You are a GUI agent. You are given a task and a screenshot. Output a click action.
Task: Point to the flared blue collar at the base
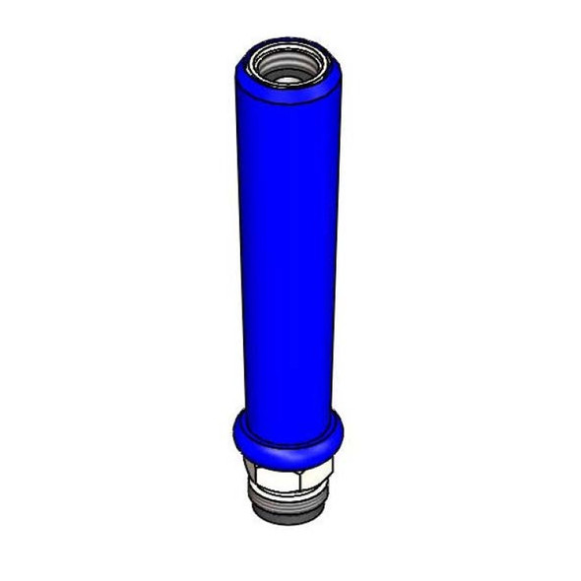289,439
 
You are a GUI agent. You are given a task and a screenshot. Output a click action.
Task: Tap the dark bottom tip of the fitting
288,518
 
